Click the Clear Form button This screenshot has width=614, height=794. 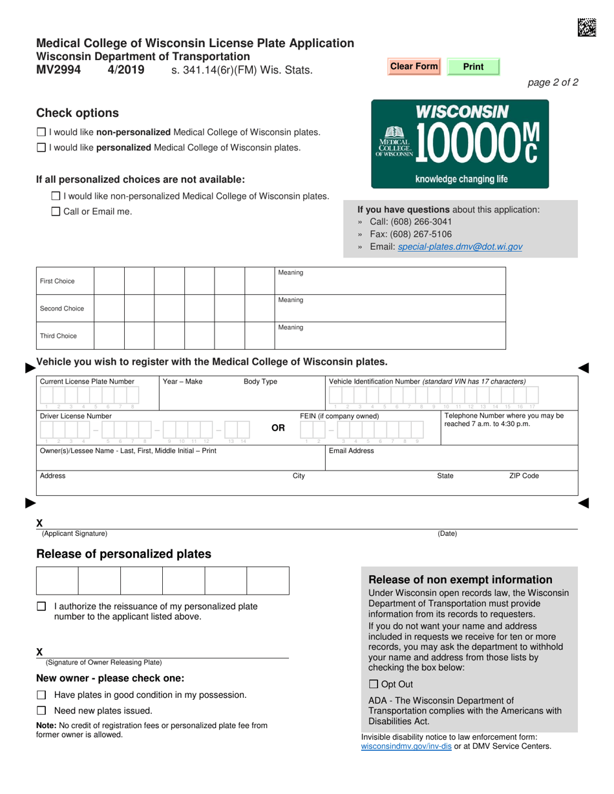point(414,66)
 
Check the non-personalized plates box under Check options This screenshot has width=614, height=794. point(41,132)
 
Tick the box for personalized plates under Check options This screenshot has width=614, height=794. point(41,148)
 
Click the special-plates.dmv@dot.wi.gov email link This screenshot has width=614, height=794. point(460,247)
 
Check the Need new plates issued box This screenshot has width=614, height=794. point(41,711)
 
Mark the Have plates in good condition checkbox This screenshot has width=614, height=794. point(41,695)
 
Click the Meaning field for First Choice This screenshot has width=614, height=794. point(390,285)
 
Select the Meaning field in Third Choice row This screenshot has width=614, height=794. point(390,339)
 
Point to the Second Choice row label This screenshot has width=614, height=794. point(62,309)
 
